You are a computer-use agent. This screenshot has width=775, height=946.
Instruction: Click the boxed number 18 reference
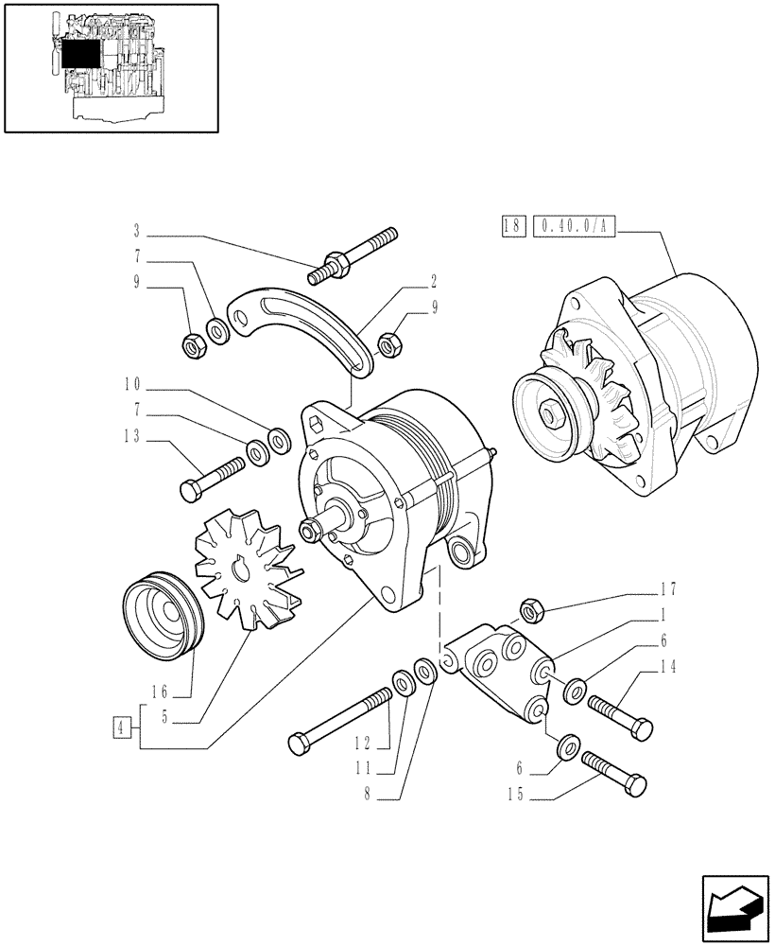click(x=511, y=227)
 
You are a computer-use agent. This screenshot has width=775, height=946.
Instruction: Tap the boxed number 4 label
click(x=120, y=727)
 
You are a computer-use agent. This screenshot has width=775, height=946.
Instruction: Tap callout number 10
click(x=131, y=385)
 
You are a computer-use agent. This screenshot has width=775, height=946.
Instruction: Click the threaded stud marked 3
click(x=353, y=254)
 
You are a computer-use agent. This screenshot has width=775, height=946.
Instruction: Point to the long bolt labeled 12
click(x=342, y=720)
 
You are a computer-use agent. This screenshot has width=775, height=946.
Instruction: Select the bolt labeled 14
click(x=620, y=716)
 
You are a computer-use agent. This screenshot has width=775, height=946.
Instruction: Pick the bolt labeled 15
click(x=614, y=771)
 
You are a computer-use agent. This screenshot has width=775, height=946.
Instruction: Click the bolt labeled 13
click(x=213, y=477)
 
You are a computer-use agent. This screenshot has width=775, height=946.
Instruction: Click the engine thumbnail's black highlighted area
click(x=79, y=56)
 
